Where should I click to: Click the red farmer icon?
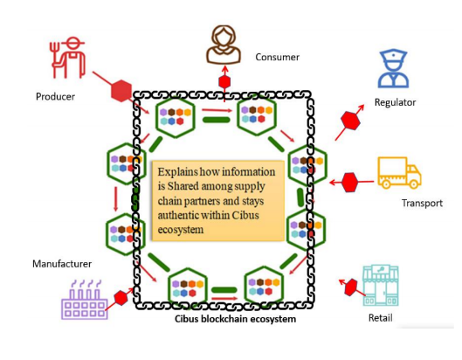[x=68, y=58]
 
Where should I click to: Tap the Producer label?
[x=55, y=97]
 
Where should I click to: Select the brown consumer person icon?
[x=224, y=45]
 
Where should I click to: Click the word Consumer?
[x=277, y=57]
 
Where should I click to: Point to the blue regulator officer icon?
[x=393, y=69]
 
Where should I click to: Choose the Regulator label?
[x=395, y=102]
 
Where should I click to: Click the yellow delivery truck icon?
[x=399, y=173]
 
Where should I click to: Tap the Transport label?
[x=422, y=203]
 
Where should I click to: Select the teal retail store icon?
[x=381, y=286]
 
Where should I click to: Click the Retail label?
[x=381, y=318]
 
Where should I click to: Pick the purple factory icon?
[x=84, y=300]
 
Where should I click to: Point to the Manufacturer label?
[x=62, y=264]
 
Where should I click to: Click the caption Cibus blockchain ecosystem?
[x=236, y=319]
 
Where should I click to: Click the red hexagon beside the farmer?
[x=121, y=91]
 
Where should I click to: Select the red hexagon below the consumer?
[x=224, y=81]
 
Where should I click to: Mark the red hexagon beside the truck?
[x=349, y=183]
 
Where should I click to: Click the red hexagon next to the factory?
[x=121, y=298]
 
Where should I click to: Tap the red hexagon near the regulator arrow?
[x=350, y=121]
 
